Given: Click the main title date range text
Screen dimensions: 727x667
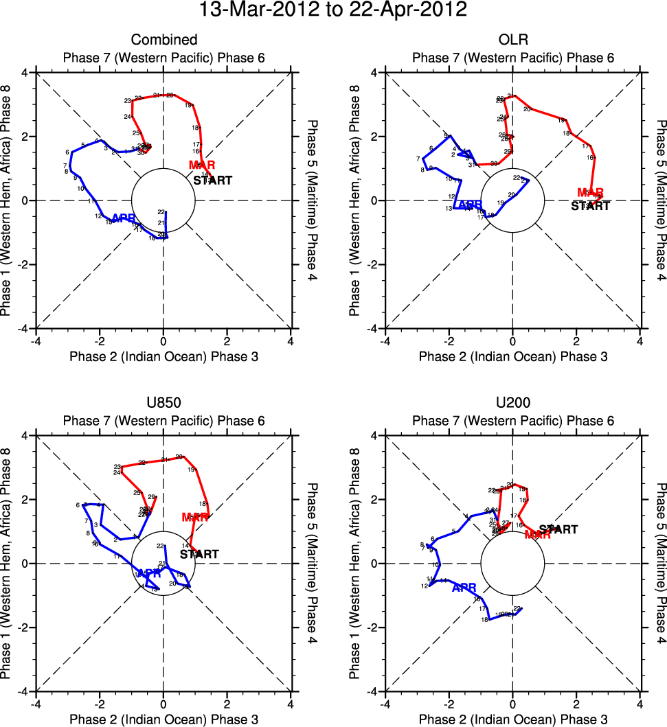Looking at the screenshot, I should pyautogui.click(x=333, y=10).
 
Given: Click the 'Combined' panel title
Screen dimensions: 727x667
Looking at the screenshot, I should pyautogui.click(x=163, y=40).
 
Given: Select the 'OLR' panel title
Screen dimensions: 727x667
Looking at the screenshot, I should pyautogui.click(x=512, y=40).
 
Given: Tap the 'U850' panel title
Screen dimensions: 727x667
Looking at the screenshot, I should pyautogui.click(x=163, y=403).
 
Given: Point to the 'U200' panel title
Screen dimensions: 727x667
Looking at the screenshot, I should pyautogui.click(x=512, y=403).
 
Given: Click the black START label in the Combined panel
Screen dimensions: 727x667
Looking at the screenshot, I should pyautogui.click(x=212, y=181).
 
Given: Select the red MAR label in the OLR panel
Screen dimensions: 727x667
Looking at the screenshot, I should pyautogui.click(x=590, y=193).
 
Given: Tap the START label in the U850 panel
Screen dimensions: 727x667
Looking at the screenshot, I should pyautogui.click(x=199, y=554).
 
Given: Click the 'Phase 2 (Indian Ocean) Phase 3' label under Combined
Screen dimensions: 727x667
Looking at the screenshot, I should pyautogui.click(x=163, y=356).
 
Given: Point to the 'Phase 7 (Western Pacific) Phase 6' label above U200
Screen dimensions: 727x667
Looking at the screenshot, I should pyautogui.click(x=512, y=421).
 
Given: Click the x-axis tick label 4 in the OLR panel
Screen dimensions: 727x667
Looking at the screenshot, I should pyautogui.click(x=640, y=341).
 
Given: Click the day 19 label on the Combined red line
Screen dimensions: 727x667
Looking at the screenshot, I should pyautogui.click(x=188, y=105).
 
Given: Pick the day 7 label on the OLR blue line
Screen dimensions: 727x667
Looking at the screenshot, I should pyautogui.click(x=418, y=159).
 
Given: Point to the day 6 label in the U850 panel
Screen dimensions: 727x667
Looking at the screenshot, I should pyautogui.click(x=78, y=505).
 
